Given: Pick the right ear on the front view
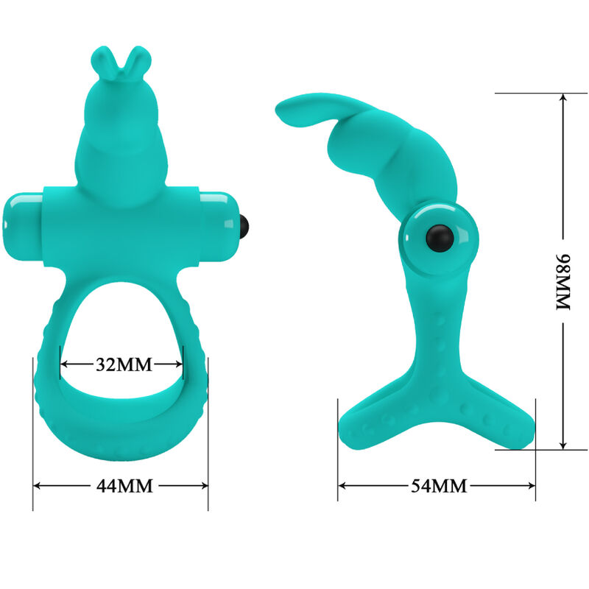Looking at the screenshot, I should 136,59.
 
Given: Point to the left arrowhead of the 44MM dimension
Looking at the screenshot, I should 38,485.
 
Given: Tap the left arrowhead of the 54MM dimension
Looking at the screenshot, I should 342,485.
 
